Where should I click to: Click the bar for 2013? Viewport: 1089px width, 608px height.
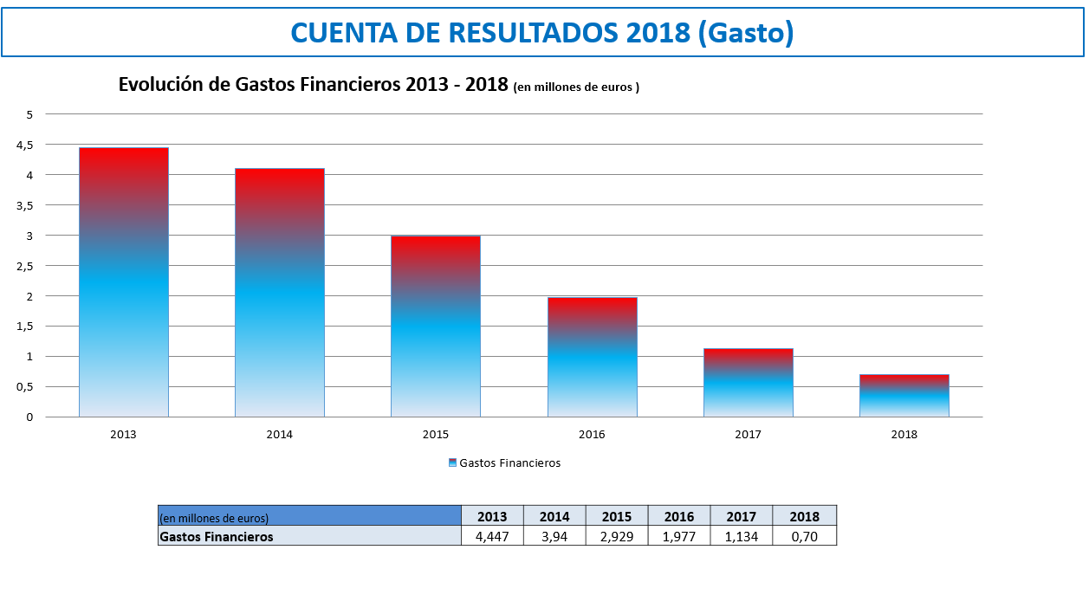[x=124, y=282]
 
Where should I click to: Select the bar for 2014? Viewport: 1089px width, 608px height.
[x=280, y=293]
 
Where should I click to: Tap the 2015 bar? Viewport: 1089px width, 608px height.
[x=436, y=327]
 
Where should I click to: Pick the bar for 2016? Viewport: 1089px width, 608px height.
[x=593, y=357]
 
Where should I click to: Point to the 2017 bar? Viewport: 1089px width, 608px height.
[x=749, y=383]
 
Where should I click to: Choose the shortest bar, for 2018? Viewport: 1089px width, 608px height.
[x=904, y=396]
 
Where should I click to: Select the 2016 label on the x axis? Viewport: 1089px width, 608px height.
[x=593, y=435]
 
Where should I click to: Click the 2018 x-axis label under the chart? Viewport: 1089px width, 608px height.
[x=904, y=435]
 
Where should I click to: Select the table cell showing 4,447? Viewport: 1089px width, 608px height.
[x=492, y=536]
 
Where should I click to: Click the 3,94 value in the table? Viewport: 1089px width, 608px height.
[x=554, y=536]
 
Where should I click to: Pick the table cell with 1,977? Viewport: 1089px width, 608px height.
[x=679, y=536]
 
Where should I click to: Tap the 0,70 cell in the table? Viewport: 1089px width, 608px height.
[x=804, y=536]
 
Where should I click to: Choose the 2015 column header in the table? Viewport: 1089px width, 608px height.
[x=617, y=516]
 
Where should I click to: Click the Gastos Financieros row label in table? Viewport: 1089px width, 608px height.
[x=217, y=536]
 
